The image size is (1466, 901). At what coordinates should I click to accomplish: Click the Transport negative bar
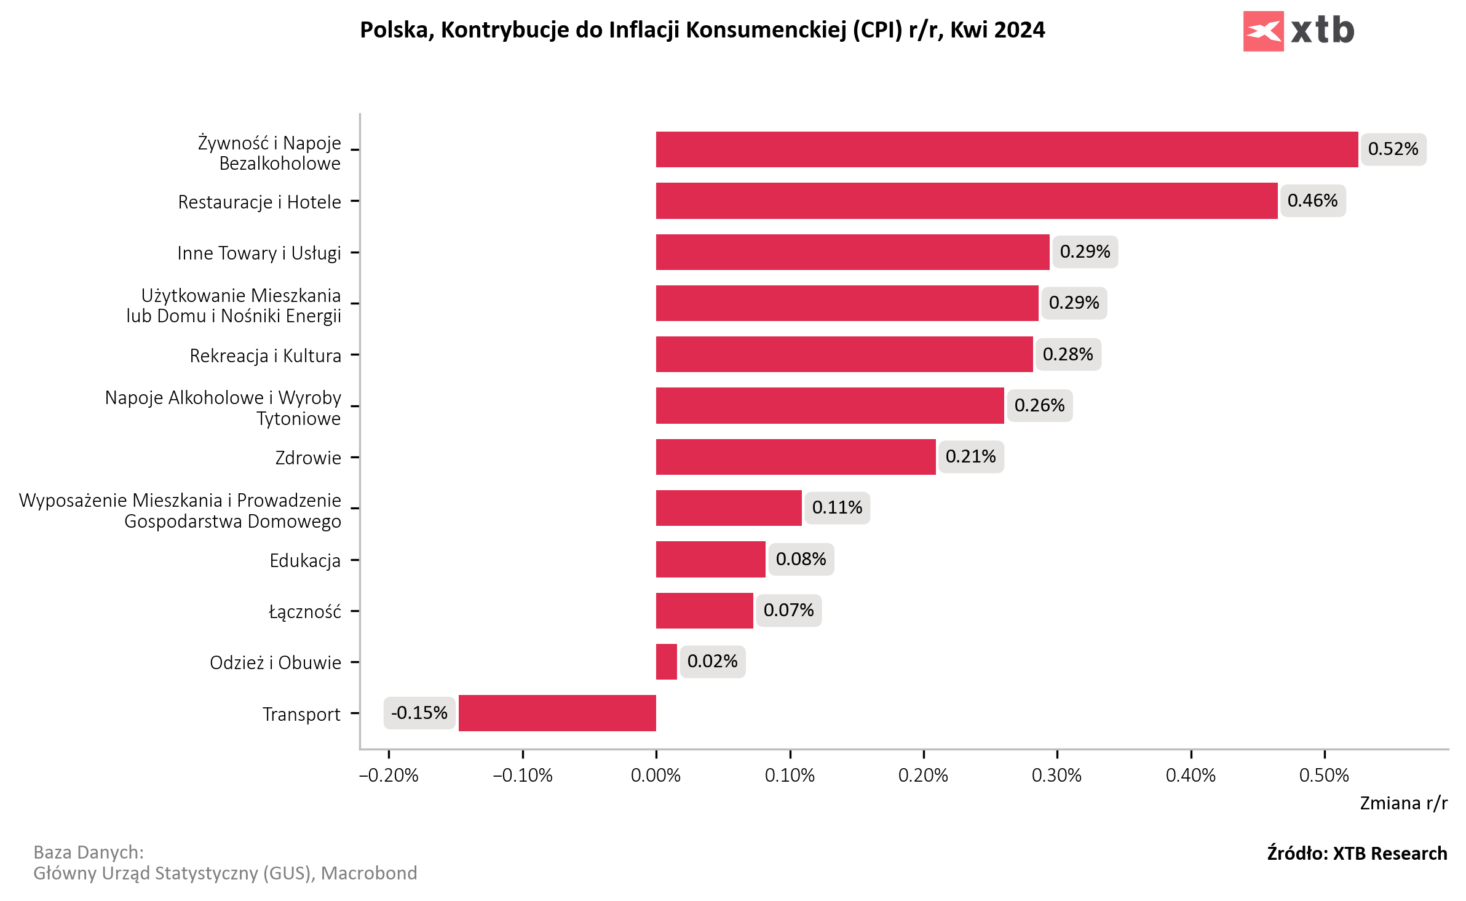point(557,713)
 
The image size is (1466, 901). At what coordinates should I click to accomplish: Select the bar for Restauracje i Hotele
point(966,200)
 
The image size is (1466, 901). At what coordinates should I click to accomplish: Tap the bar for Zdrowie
point(795,457)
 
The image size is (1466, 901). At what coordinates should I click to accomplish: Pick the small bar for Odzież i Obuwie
point(666,662)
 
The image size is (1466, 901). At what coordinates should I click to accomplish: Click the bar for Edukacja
point(710,559)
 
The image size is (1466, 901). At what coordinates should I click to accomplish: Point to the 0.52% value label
point(1393,149)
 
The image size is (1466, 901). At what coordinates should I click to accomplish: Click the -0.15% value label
point(419,713)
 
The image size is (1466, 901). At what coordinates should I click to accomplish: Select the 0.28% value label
point(1068,354)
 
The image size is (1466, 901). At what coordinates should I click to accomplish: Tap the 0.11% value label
point(837,508)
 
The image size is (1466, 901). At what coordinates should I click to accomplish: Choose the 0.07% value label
point(788,610)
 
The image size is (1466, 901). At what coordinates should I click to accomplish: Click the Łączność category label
point(305,612)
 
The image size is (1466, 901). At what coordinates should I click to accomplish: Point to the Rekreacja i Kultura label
point(265,356)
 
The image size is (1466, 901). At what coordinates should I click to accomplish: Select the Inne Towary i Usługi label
point(259,253)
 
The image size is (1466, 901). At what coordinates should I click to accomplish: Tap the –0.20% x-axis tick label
point(389,776)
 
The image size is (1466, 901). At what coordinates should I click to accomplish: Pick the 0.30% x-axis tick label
point(1056,776)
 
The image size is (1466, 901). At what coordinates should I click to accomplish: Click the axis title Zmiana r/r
point(1403,804)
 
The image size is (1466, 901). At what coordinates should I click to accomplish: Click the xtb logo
point(1298,31)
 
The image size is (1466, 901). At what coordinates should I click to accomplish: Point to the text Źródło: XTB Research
point(1357,854)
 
